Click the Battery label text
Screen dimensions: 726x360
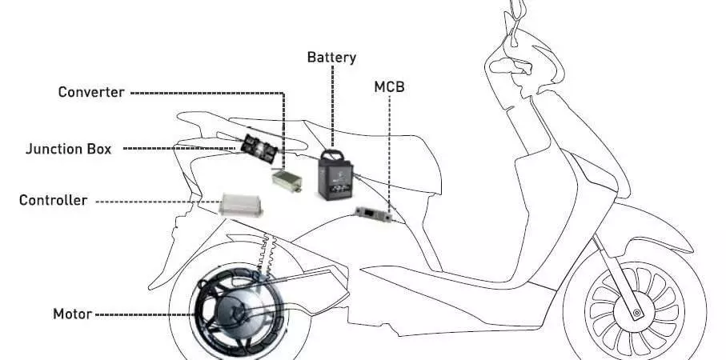[331, 58]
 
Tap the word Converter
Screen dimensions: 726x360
[91, 92]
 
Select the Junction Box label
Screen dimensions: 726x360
[69, 149]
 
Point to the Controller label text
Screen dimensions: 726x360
[54, 200]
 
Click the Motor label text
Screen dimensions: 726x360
[72, 314]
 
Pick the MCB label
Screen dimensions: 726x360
[389, 87]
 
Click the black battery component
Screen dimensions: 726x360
[335, 175]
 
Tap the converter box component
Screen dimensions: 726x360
[287, 181]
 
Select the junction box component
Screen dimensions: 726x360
[259, 149]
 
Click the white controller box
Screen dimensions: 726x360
[240, 205]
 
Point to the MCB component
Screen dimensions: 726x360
[373, 214]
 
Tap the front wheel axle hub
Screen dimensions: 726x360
[637, 314]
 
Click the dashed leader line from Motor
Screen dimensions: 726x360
[144, 314]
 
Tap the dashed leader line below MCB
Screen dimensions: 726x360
[389, 154]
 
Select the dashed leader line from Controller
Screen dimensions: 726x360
[158, 202]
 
